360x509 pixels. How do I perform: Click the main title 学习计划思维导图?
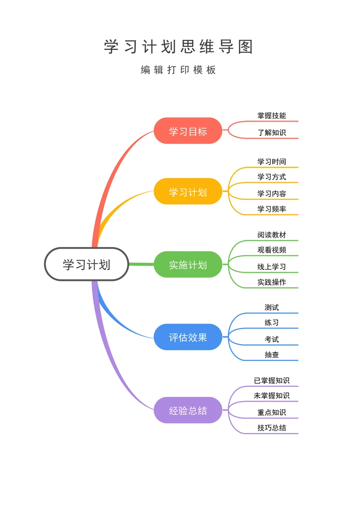click(x=179, y=47)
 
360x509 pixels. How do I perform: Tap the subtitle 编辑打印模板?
click(x=179, y=70)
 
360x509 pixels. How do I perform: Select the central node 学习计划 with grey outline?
click(x=86, y=264)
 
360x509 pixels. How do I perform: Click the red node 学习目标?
click(x=188, y=131)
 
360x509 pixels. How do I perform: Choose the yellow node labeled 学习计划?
click(x=188, y=192)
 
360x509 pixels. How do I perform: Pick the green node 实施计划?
click(x=188, y=265)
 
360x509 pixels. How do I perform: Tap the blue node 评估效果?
click(x=188, y=337)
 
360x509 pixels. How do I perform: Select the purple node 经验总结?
click(x=188, y=410)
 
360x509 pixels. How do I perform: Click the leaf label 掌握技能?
click(x=271, y=116)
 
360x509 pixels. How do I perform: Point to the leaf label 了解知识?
click(x=271, y=133)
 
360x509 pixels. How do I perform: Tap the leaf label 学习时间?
click(x=271, y=162)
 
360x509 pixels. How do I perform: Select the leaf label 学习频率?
click(x=271, y=209)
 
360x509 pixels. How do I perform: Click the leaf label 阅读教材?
click(x=271, y=235)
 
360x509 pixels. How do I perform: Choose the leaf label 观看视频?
click(x=271, y=250)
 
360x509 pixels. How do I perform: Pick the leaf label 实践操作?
click(x=271, y=282)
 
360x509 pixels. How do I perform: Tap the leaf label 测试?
click(x=271, y=307)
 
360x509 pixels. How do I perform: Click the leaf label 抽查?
click(x=271, y=355)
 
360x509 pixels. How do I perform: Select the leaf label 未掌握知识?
click(x=271, y=396)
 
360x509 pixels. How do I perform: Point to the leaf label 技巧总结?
click(x=271, y=428)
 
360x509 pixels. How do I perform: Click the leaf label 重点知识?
click(x=271, y=412)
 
